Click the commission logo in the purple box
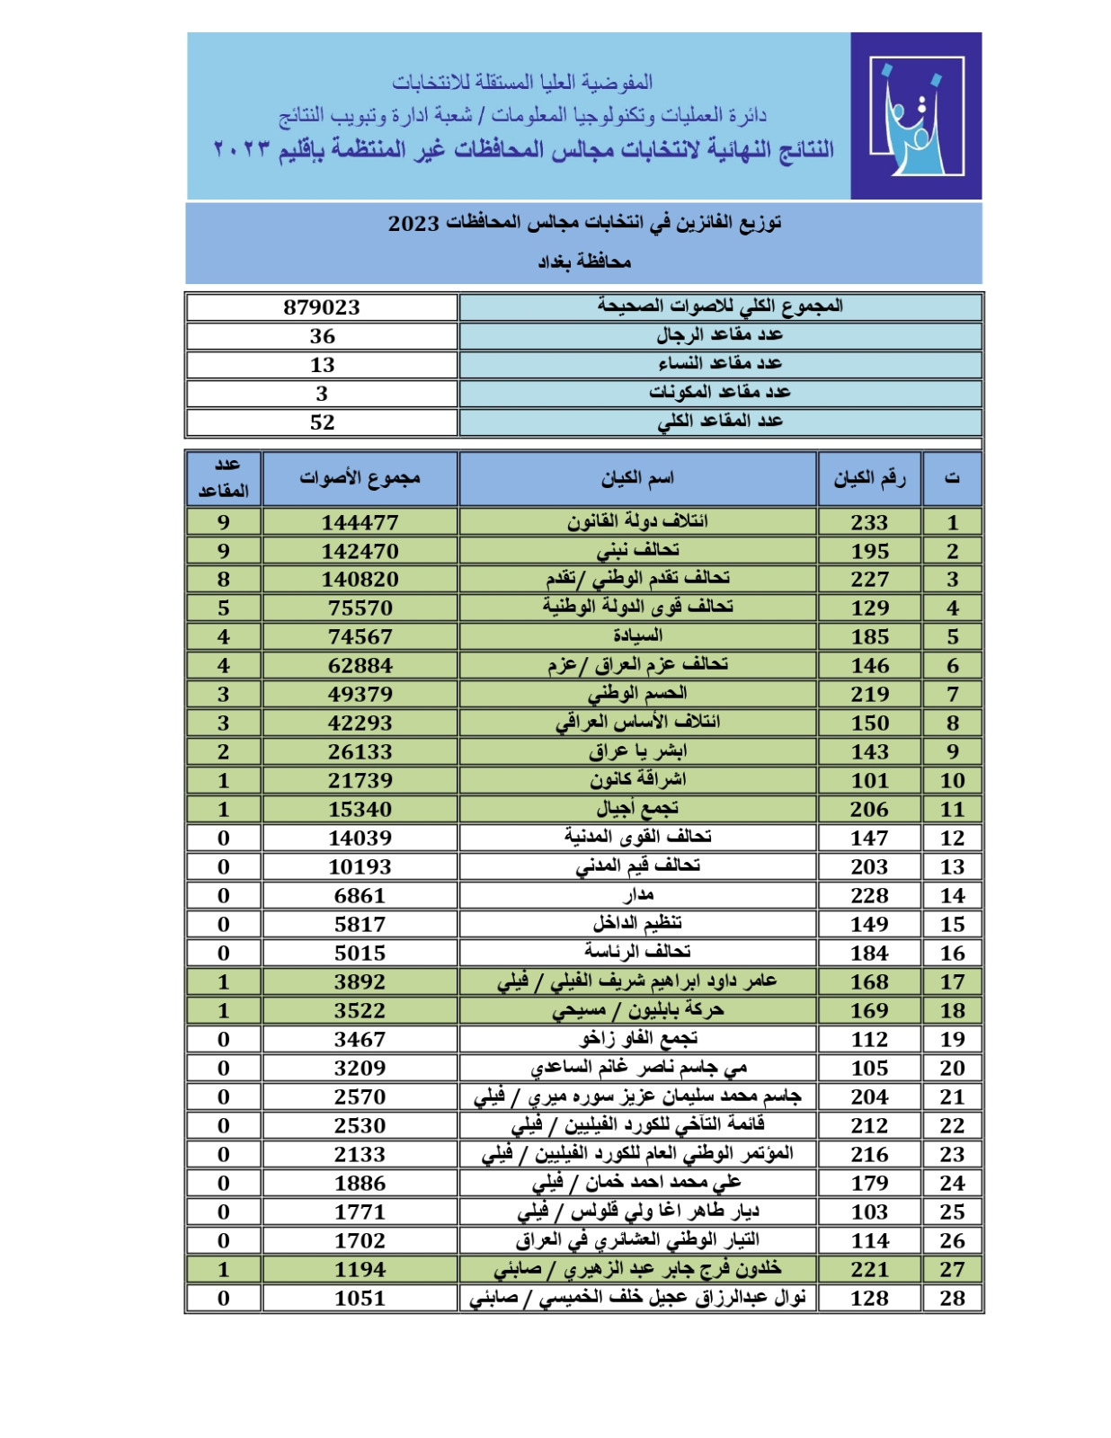coord(916,116)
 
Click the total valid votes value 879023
coord(322,307)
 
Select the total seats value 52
coord(322,422)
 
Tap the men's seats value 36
coord(322,336)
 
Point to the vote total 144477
coord(360,522)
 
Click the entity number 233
coord(869,522)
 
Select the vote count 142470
coord(360,551)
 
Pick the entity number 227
coord(869,580)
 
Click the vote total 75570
coord(360,608)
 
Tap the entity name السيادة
coord(637,636)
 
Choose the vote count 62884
coord(360,666)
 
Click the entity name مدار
coord(638,895)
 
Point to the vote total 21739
coord(360,781)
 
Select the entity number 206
coord(869,810)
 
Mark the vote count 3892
coord(360,982)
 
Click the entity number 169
coord(869,1011)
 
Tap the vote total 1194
coord(360,1270)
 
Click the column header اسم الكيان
coord(637,479)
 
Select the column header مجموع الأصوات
coord(360,479)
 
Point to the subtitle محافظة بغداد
coord(584,262)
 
